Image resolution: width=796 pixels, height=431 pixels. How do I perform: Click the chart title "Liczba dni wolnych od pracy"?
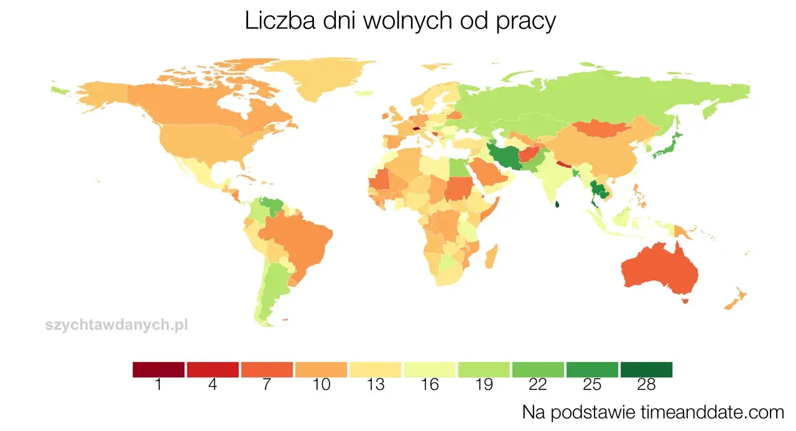click(x=400, y=22)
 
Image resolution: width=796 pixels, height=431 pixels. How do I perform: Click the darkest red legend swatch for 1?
click(x=159, y=369)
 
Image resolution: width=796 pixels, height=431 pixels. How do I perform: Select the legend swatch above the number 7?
click(x=267, y=369)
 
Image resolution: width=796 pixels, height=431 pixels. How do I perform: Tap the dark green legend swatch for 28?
click(x=646, y=369)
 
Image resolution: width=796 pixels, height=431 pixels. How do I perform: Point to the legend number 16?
click(x=429, y=385)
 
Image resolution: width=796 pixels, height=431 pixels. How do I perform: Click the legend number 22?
click(x=538, y=385)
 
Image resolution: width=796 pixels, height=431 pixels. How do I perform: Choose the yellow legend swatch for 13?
click(x=375, y=369)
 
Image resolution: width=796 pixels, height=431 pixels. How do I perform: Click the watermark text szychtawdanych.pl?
click(x=116, y=324)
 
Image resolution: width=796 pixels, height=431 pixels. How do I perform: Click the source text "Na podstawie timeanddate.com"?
click(x=653, y=412)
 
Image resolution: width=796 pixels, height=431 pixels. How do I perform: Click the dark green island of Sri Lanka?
click(x=558, y=203)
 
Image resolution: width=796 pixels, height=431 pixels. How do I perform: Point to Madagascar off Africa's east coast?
click(x=490, y=256)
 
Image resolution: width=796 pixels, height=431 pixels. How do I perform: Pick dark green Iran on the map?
click(x=507, y=155)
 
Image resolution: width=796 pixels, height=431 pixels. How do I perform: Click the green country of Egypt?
click(x=456, y=167)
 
